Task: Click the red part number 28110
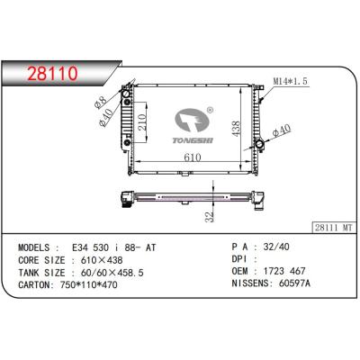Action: [x=52, y=74]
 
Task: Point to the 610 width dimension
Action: [x=193, y=157]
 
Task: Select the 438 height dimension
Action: [x=237, y=129]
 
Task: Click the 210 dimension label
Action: [x=142, y=122]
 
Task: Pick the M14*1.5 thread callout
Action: [x=290, y=81]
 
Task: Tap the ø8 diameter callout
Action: [x=100, y=102]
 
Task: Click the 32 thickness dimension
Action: [x=209, y=217]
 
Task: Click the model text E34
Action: [x=79, y=247]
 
